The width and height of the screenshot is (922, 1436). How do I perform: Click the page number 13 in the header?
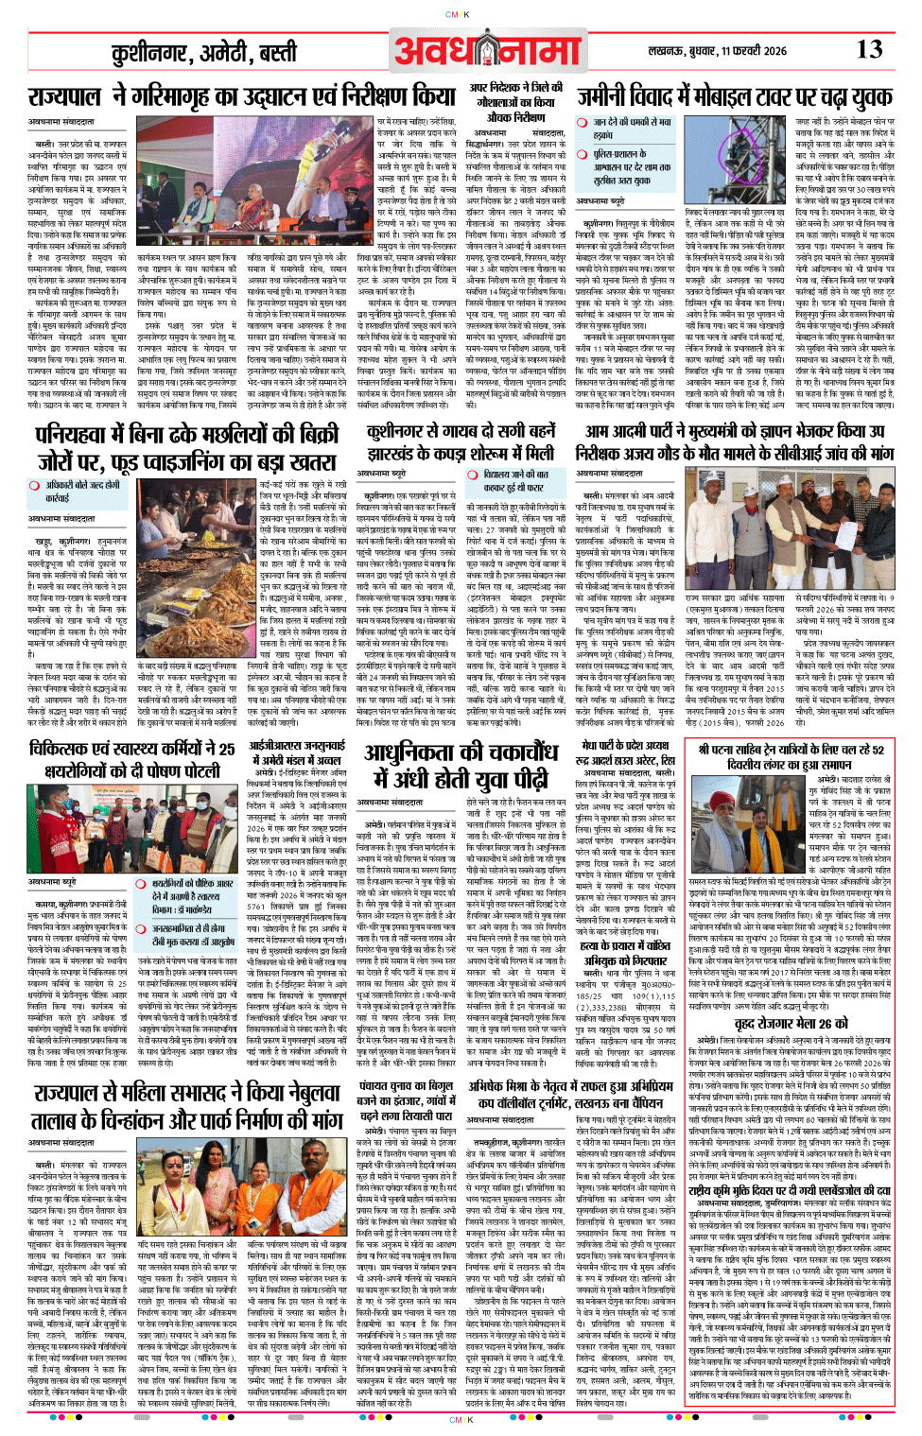(869, 50)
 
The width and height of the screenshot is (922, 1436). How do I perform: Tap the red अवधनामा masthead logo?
(487, 52)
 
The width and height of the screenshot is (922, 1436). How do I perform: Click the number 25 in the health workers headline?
(224, 749)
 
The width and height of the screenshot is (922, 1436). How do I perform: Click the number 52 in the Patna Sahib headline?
(877, 750)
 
